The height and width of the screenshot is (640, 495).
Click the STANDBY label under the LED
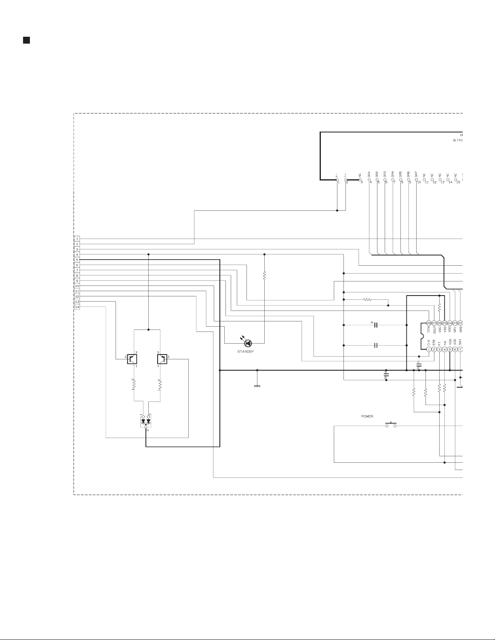pyautogui.click(x=245, y=352)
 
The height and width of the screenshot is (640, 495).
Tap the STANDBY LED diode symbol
pyautogui.click(x=248, y=343)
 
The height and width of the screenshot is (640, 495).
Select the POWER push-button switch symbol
pyautogui.click(x=391, y=425)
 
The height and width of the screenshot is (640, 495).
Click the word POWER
pyautogui.click(x=367, y=416)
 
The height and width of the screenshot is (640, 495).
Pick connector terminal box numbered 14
pyautogui.click(x=77, y=307)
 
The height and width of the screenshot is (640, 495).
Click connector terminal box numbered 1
pyautogui.click(x=77, y=239)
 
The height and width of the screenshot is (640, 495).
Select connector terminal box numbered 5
pyautogui.click(x=77, y=260)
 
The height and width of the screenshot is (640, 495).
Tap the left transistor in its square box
pyautogui.click(x=132, y=359)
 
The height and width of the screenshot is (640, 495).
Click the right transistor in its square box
pyautogui.click(x=162, y=359)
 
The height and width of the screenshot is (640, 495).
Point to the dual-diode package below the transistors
pyautogui.click(x=145, y=421)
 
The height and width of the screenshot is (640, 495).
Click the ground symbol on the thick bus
pyautogui.click(x=257, y=385)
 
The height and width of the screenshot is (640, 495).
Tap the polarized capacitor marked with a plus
pyautogui.click(x=375, y=325)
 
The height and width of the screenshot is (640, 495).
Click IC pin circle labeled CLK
pyautogui.click(x=429, y=349)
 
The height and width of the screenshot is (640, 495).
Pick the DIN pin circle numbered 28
pyautogui.click(x=429, y=323)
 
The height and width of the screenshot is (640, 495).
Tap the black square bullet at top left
pyautogui.click(x=26, y=40)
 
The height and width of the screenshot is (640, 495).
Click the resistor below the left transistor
pyautogui.click(x=134, y=385)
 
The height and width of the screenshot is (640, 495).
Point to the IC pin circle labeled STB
pyautogui.click(x=434, y=349)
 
